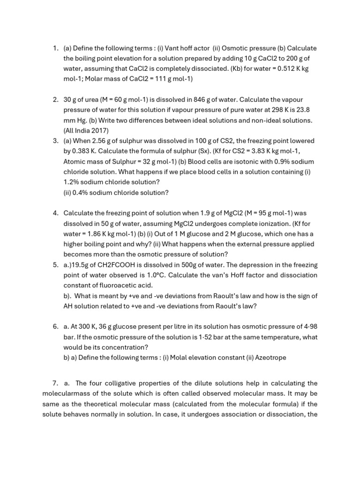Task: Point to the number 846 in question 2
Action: point(201,99)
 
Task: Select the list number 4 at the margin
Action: point(55,213)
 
